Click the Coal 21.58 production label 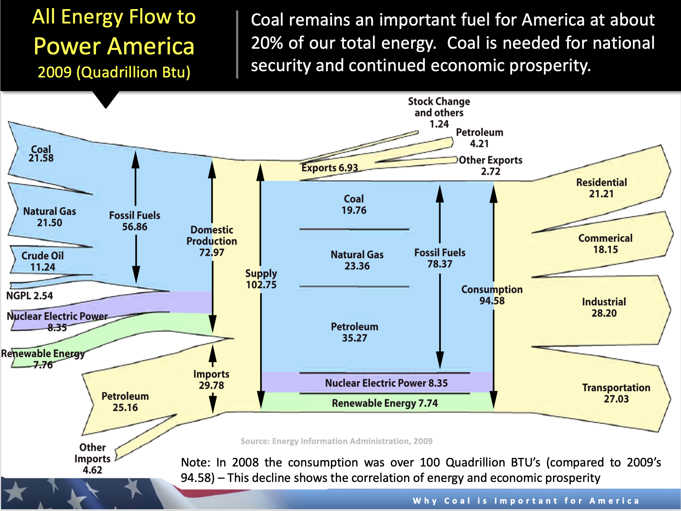41,154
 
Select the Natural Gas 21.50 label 49,217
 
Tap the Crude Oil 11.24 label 42,261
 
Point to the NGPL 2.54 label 29,295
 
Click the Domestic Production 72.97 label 212,241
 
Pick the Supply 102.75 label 261,279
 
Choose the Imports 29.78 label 211,380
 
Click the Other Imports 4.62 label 92,458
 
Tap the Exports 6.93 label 330,168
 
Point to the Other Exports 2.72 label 490,165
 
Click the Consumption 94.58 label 492,295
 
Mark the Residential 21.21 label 601,188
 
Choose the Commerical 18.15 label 605,244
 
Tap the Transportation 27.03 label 616,393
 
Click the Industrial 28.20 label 604,307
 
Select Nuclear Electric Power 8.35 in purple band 386,383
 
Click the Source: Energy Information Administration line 336,441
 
